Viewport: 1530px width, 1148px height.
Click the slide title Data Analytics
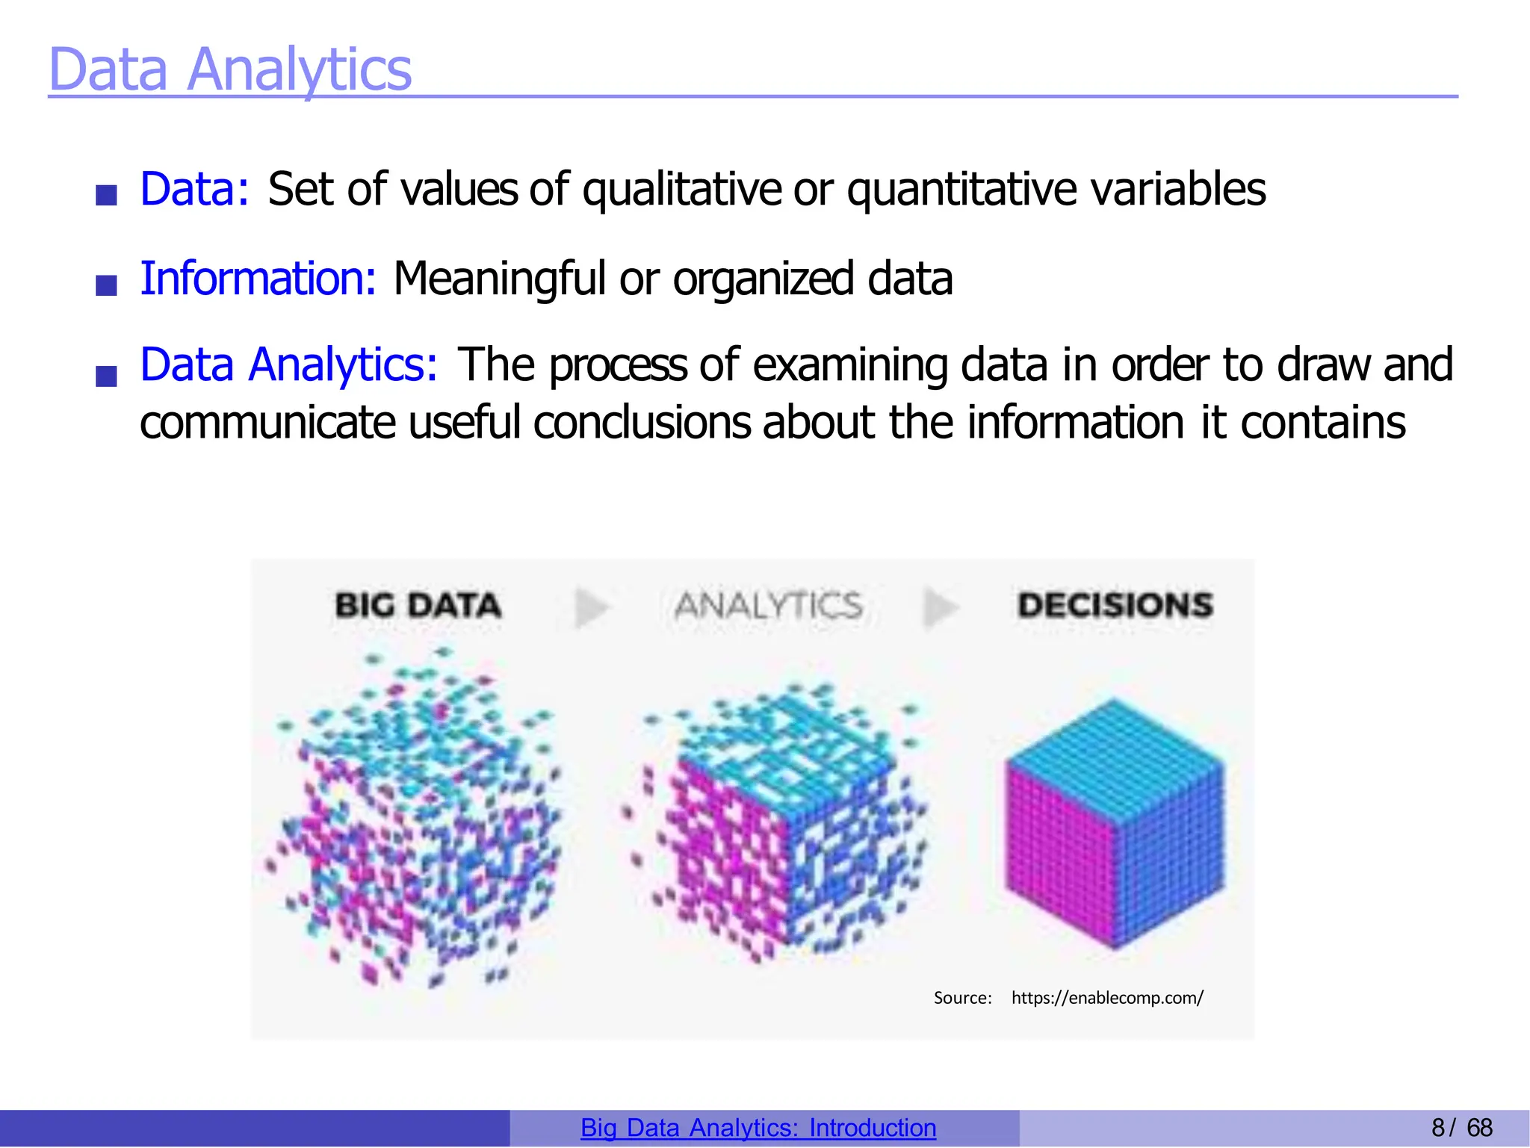(x=230, y=69)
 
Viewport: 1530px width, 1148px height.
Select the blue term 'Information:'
(x=258, y=279)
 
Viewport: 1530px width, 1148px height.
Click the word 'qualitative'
(x=681, y=189)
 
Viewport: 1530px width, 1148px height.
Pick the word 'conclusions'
(x=640, y=423)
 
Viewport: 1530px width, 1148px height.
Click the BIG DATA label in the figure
(x=418, y=605)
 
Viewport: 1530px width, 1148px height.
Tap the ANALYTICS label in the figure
(x=768, y=605)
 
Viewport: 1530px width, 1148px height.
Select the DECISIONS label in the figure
(x=1115, y=605)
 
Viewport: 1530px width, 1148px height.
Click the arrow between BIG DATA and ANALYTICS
(x=592, y=607)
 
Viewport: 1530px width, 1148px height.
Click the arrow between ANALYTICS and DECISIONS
(x=940, y=607)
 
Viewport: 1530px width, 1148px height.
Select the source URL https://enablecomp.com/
(x=1107, y=998)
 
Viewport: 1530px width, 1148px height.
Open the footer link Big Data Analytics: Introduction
(x=758, y=1128)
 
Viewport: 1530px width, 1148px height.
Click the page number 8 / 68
(x=1461, y=1128)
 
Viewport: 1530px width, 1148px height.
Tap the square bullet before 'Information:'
(x=107, y=285)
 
